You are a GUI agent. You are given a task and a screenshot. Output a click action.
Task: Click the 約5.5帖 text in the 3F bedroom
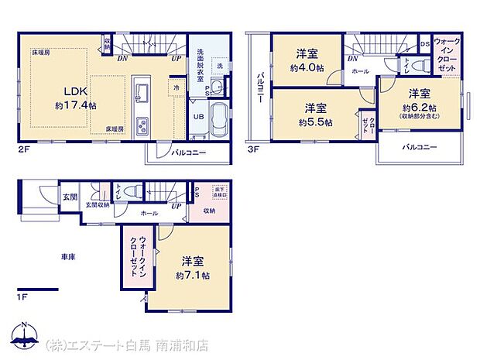(318, 122)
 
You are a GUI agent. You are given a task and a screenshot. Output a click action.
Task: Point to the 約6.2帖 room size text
(420, 108)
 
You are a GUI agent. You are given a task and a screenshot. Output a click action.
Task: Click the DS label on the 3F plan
(424, 44)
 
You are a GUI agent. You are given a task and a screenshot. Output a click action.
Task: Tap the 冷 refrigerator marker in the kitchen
(177, 88)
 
